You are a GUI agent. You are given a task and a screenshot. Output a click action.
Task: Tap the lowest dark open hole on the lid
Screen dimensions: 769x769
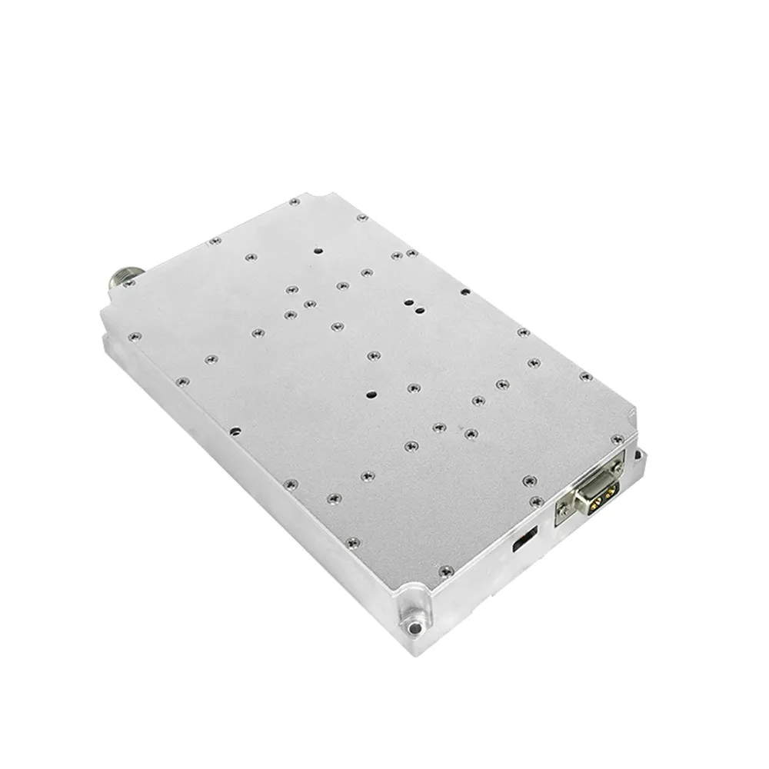[x=370, y=394]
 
